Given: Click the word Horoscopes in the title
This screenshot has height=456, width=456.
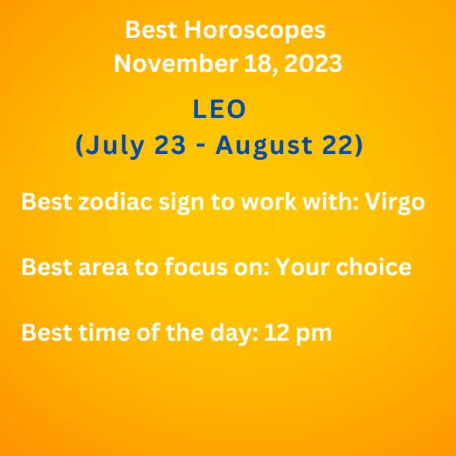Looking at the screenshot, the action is click(255, 30).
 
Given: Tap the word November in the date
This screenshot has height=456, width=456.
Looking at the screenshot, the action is click(176, 63).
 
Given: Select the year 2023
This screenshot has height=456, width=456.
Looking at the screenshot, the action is click(313, 63).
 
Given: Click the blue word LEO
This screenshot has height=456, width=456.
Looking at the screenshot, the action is click(219, 108).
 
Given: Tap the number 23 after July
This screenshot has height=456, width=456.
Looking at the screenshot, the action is click(170, 145).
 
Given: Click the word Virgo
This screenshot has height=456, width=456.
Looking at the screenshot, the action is click(395, 203).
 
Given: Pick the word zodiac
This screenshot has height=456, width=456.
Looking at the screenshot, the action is click(115, 201).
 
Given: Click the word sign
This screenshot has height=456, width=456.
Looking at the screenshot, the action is click(181, 203).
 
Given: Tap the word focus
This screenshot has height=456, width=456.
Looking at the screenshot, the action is click(196, 266).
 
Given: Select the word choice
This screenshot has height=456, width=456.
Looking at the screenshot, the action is click(374, 266).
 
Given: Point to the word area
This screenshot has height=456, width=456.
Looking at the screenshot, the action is click(103, 268).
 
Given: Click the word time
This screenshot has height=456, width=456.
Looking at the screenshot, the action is click(104, 332).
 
